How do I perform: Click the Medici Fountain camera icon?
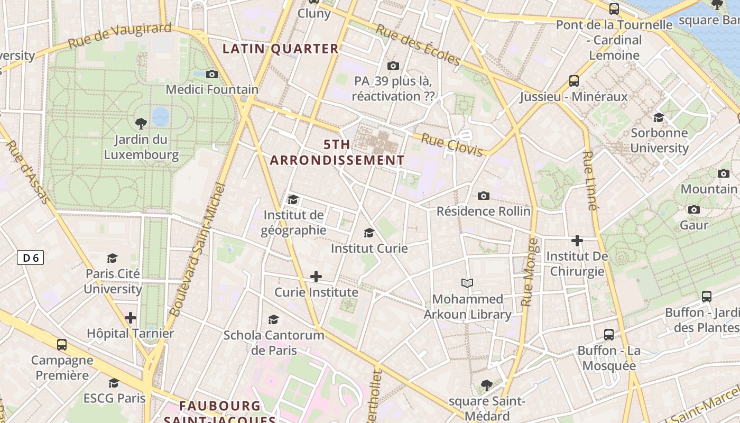pyautogui.click(x=212, y=74)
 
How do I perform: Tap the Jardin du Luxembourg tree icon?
pyautogui.click(x=141, y=124)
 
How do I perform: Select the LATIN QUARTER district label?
pyautogui.click(x=280, y=49)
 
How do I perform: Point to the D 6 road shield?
pyautogui.click(x=30, y=258)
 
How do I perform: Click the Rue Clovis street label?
pyautogui.click(x=452, y=145)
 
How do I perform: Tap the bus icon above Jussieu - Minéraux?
pyautogui.click(x=574, y=81)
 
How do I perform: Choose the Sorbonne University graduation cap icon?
pyautogui.click(x=659, y=117)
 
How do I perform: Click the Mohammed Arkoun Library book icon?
pyautogui.click(x=467, y=283)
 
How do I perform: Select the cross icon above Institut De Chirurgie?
pyautogui.click(x=577, y=241)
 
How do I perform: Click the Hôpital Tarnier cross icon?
pyautogui.click(x=131, y=318)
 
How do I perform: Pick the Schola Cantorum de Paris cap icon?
pyautogui.click(x=273, y=319)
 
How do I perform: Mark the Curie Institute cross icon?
pyautogui.click(x=316, y=277)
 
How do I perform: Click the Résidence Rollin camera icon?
pyautogui.click(x=483, y=196)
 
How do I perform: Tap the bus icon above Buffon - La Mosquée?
pyautogui.click(x=609, y=335)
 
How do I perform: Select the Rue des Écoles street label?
pyautogui.click(x=417, y=44)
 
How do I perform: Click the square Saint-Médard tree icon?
pyautogui.click(x=487, y=385)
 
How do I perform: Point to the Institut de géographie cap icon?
pyautogui.click(x=293, y=199)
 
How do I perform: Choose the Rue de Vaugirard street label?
pyautogui.click(x=120, y=35)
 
